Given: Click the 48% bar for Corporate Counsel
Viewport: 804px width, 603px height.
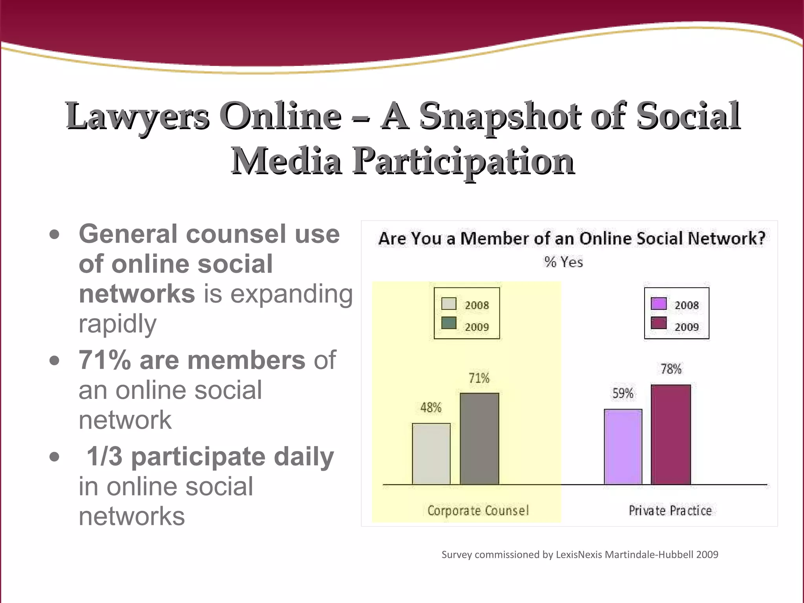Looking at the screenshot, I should click(x=431, y=454).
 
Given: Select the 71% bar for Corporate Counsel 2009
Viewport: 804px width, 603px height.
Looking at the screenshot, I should click(x=479, y=439).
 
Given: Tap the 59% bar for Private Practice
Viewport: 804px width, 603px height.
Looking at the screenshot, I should click(x=623, y=447).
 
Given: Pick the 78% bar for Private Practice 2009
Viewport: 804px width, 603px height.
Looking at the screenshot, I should click(x=671, y=435).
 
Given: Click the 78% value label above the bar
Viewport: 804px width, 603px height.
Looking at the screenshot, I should click(x=671, y=369).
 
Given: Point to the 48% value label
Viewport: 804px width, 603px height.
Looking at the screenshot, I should click(x=431, y=407).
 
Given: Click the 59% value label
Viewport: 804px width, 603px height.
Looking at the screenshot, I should click(x=623, y=393).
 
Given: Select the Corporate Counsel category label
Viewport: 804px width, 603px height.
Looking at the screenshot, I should click(x=478, y=510).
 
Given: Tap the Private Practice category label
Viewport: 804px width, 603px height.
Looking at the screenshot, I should click(x=670, y=510).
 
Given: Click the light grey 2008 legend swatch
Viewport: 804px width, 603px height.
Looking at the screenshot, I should click(x=449, y=304).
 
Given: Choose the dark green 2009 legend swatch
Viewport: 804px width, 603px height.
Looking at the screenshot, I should click(x=449, y=323).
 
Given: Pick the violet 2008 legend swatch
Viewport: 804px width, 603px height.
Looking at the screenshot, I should click(x=659, y=304).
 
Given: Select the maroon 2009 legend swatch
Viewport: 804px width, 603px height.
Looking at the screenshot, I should click(x=659, y=323).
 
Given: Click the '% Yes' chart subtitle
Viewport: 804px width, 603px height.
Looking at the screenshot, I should click(x=563, y=262).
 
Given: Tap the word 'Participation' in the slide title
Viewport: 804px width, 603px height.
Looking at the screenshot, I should click(x=463, y=161).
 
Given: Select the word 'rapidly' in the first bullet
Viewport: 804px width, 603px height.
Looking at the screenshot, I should click(x=117, y=324).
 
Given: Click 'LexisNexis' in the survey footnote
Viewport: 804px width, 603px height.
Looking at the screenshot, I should click(x=579, y=555).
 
